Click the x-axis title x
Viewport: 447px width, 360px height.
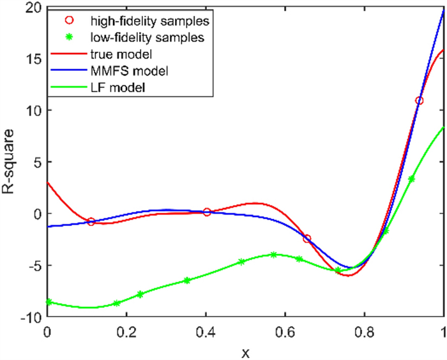246,350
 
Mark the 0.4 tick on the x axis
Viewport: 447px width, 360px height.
206,331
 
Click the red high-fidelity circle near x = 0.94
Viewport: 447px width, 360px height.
420,101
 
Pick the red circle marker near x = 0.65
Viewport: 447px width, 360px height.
307,239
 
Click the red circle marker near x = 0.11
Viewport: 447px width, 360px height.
91,221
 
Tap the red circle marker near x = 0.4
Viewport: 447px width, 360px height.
207,212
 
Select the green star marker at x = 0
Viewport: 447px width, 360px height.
47,302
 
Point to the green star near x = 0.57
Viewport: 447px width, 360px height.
274,255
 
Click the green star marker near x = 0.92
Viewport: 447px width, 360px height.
411,179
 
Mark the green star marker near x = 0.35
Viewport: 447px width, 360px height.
186,280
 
